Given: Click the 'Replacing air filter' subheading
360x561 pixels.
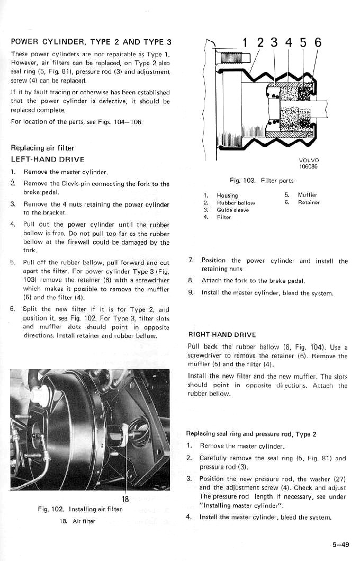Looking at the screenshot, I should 42,148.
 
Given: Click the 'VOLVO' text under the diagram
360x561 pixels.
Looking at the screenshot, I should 309,161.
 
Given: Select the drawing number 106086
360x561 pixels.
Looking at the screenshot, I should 309,167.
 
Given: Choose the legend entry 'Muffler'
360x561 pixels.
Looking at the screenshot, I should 307,195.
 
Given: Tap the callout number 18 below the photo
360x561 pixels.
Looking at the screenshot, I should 126,499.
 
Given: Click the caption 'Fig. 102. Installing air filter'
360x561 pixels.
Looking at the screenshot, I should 80,509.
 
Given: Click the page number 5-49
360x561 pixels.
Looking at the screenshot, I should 340,544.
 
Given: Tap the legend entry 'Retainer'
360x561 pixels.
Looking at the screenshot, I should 308,202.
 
